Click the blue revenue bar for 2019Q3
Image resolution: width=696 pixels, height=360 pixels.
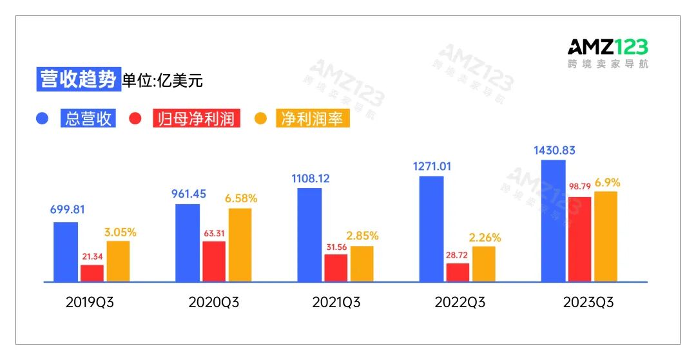tap(65, 252)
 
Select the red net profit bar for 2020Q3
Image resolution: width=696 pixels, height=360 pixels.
tap(214, 261)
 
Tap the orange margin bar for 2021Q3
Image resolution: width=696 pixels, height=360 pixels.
tap(362, 264)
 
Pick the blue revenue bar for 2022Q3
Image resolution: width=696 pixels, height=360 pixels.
tap(432, 229)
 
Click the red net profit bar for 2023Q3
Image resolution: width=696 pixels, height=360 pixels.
tap(580, 239)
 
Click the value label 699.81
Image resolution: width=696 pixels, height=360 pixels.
tap(67, 209)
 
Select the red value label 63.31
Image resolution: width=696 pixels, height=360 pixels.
tap(215, 233)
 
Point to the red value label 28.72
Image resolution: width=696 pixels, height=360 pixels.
tap(458, 255)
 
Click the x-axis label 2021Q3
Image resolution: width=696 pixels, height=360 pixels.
tap(336, 302)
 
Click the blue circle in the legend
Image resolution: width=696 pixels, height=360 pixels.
tap(43, 119)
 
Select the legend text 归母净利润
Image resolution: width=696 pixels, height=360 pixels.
tap(197, 119)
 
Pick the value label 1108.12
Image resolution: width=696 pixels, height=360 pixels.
tap(311, 178)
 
